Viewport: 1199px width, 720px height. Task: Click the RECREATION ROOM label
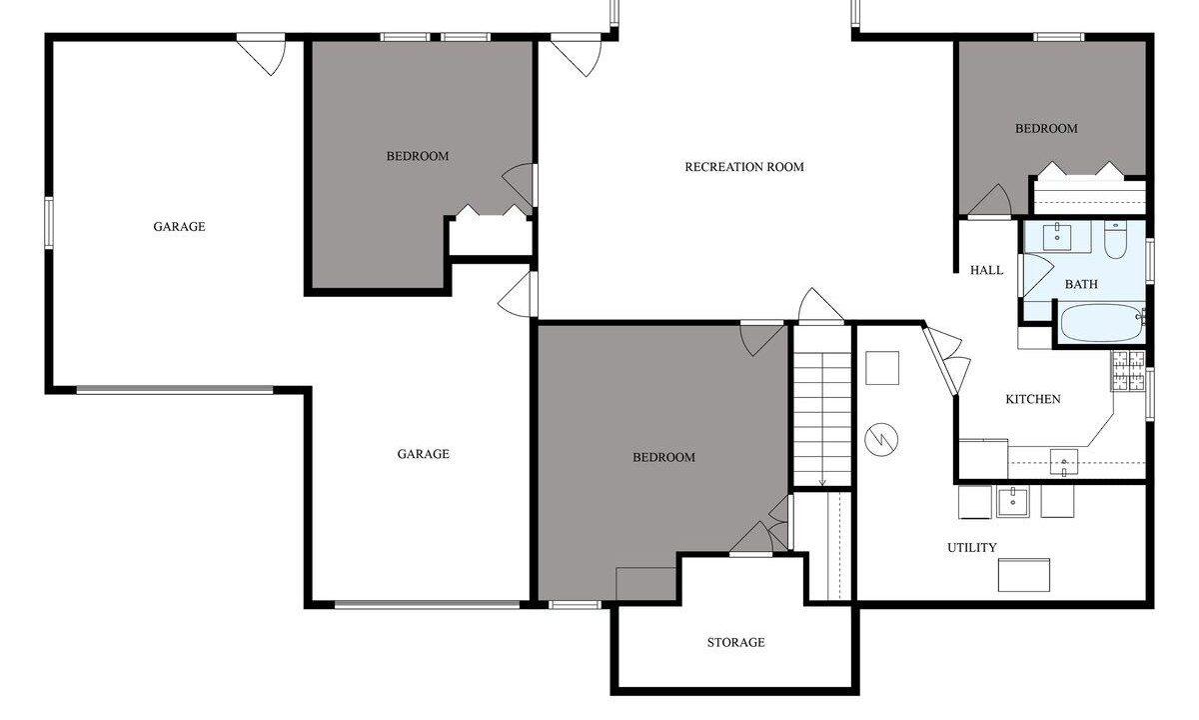pyautogui.click(x=744, y=167)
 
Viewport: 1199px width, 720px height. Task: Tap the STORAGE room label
pyautogui.click(x=736, y=642)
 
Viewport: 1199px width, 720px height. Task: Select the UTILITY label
pyautogui.click(x=972, y=548)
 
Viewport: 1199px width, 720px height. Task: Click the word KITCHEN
pyautogui.click(x=1033, y=399)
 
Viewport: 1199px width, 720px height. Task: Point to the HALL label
pyautogui.click(x=987, y=270)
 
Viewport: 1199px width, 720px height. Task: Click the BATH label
pyautogui.click(x=1081, y=284)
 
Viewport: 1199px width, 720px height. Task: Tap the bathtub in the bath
pyautogui.click(x=1101, y=322)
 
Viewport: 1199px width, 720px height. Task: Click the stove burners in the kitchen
pyautogui.click(x=1128, y=370)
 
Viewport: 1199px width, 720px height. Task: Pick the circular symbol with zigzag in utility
pyautogui.click(x=881, y=439)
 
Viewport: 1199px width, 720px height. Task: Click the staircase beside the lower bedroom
pyautogui.click(x=822, y=406)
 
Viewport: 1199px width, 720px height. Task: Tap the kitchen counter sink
pyautogui.click(x=1063, y=463)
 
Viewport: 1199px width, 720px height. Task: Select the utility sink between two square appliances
pyautogui.click(x=1013, y=502)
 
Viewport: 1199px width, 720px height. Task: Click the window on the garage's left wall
pyautogui.click(x=49, y=223)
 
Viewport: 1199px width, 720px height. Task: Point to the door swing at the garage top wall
pyautogui.click(x=262, y=55)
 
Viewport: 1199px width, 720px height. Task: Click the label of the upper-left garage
pyautogui.click(x=179, y=227)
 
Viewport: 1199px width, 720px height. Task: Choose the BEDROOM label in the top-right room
pyautogui.click(x=1046, y=129)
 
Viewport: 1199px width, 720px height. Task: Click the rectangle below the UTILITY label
pyautogui.click(x=1024, y=575)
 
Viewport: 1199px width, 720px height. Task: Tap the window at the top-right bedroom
pyautogui.click(x=1059, y=37)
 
